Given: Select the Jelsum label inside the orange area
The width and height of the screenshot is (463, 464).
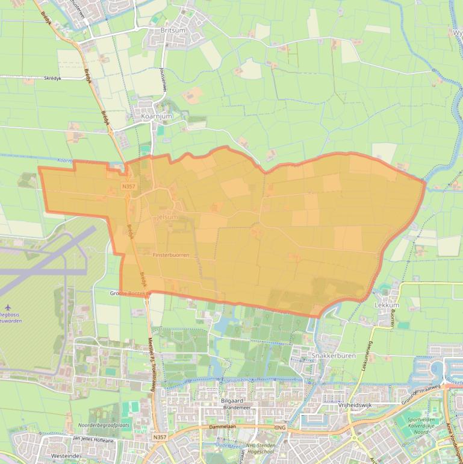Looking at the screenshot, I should tap(167, 216).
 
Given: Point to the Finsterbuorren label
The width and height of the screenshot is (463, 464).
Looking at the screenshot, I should tap(171, 255).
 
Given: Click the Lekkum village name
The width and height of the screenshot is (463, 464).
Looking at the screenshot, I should tap(387, 305).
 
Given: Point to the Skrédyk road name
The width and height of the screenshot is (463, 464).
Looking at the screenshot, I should tap(57, 78).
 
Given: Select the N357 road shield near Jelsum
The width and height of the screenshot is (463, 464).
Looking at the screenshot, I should tap(129, 186).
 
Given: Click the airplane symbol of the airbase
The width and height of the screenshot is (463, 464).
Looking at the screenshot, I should tap(8, 307).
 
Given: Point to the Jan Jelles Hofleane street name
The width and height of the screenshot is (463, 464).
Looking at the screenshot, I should tap(93, 440).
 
